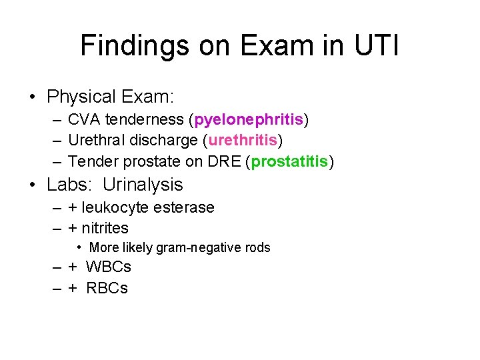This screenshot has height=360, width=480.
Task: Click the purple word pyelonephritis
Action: [249, 120]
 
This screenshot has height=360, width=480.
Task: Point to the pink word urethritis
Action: [243, 141]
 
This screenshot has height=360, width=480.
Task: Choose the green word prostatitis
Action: [289, 161]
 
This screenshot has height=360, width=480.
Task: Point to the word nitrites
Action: [105, 228]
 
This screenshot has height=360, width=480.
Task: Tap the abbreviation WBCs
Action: [109, 267]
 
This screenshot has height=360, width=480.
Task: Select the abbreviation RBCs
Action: [107, 289]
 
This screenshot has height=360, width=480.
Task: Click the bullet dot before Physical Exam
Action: [33, 97]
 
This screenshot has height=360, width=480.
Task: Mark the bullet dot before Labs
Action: [33, 185]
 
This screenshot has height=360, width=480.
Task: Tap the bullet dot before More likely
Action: [79, 247]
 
